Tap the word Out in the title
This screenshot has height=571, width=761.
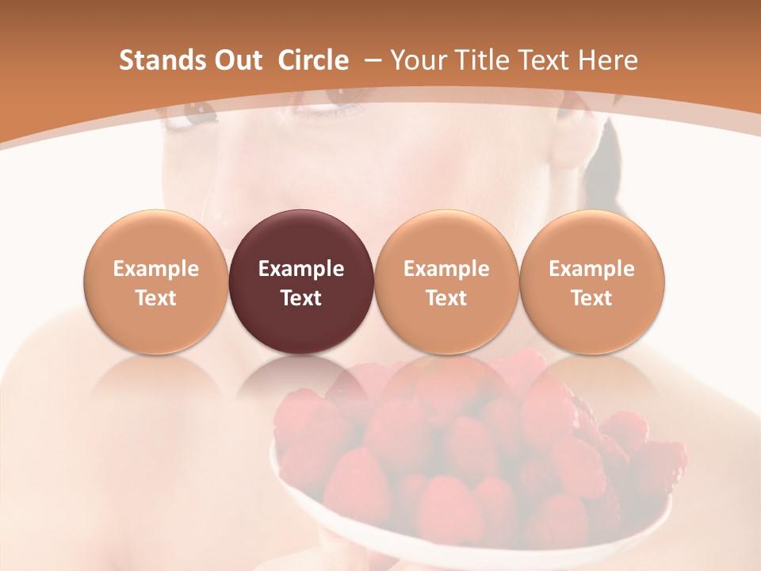[x=235, y=60]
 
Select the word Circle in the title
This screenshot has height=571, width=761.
[x=313, y=60]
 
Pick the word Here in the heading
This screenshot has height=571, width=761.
[x=608, y=60]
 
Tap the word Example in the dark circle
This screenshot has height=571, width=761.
[x=301, y=269]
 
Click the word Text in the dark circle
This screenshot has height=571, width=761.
[x=301, y=298]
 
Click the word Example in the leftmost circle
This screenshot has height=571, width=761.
[x=156, y=269]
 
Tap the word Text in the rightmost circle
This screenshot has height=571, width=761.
[x=592, y=298]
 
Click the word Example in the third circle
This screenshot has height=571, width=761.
[x=446, y=269]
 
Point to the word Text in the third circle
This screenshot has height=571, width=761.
[x=446, y=298]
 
